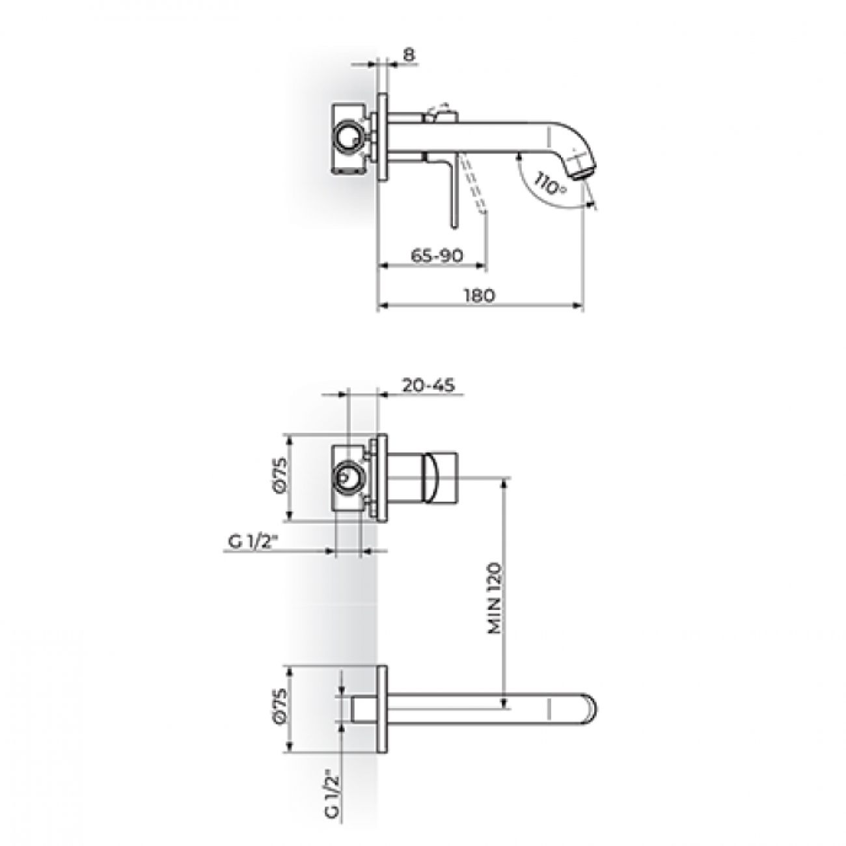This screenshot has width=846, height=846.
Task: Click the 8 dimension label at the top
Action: point(408,54)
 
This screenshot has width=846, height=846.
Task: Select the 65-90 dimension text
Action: point(437,256)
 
